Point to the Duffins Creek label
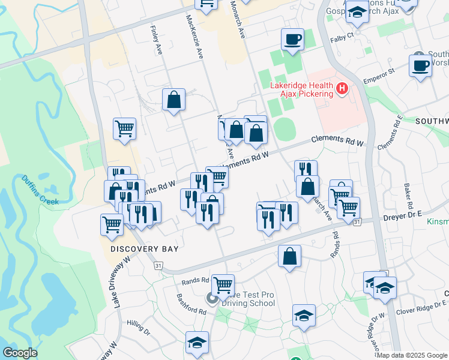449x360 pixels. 41,190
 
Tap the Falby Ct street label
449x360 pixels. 342,38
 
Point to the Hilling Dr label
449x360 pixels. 138,327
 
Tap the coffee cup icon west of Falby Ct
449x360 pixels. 293,40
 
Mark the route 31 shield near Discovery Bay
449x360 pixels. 158,265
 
